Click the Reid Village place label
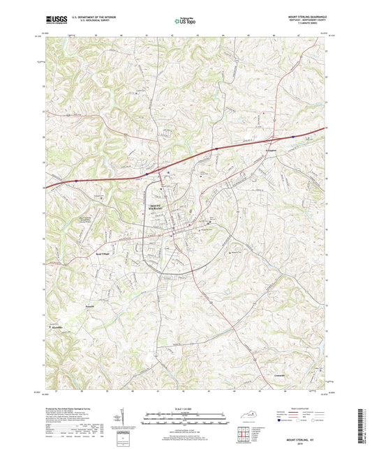click(103, 254)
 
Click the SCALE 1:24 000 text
click(185, 409)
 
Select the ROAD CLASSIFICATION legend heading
click(311, 409)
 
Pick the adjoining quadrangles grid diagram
click(244, 434)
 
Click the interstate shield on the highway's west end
click(76, 179)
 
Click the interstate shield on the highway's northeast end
click(292, 137)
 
